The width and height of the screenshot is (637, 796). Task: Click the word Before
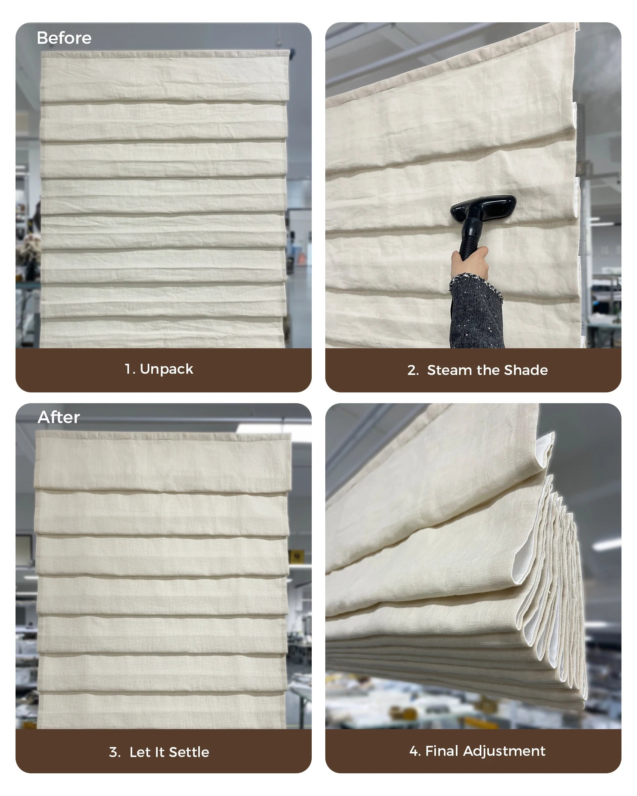point(64,38)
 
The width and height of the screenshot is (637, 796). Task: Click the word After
point(59,418)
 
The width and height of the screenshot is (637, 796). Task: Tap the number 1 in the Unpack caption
point(128,369)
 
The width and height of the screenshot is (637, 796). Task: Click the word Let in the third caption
point(139,752)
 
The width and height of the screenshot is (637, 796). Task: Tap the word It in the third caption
point(160,752)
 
